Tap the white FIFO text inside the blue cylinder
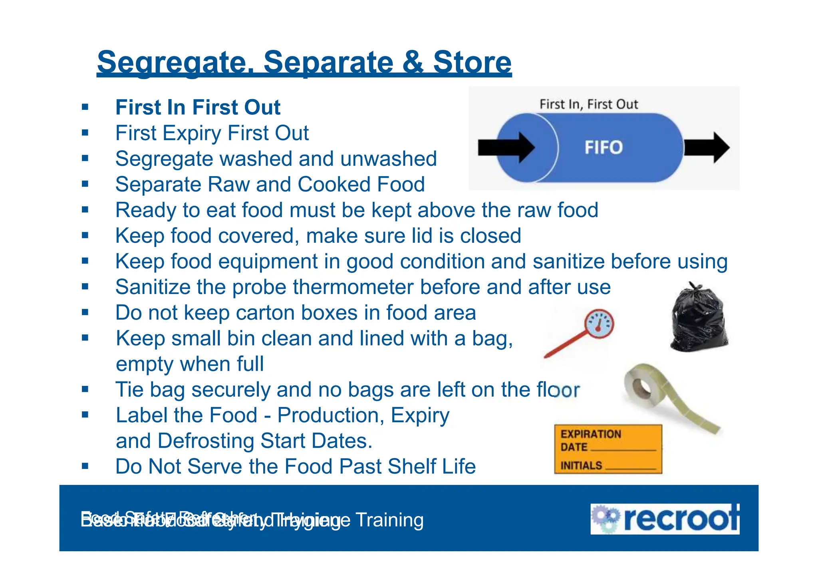(x=604, y=147)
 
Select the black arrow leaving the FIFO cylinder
(x=707, y=147)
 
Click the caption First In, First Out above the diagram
(x=589, y=104)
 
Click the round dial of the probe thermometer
(x=599, y=324)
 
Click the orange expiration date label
(x=608, y=449)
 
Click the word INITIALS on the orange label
(x=581, y=466)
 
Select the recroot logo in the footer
(x=665, y=519)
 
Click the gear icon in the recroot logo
(x=605, y=518)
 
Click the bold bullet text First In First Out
(x=198, y=107)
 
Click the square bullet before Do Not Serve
(x=85, y=466)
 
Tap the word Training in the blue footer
(x=389, y=520)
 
